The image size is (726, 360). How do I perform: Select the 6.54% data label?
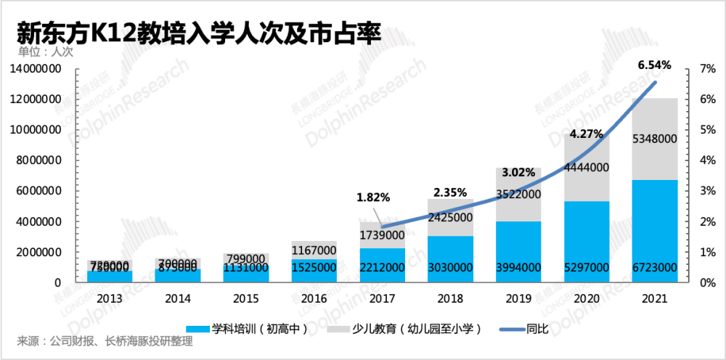(654, 65)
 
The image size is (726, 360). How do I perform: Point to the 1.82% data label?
(373, 197)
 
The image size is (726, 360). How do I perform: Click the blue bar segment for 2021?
(654, 231)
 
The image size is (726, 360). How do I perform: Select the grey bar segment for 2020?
(587, 167)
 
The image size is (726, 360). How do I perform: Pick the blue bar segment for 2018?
(451, 258)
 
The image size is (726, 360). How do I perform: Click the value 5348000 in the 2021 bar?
(654, 139)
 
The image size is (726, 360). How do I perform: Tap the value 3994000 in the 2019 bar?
(518, 268)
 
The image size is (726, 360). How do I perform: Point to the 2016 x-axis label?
(314, 298)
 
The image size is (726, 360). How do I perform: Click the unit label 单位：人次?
(46, 52)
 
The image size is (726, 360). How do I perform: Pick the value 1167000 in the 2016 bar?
(314, 250)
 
